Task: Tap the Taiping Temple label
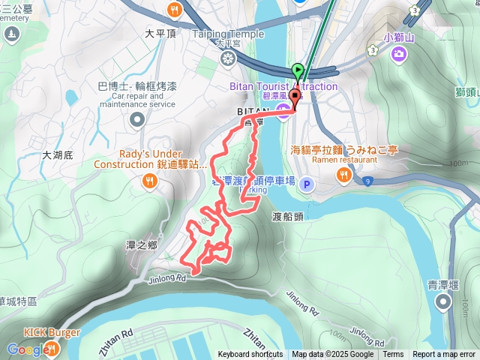pyautogui.click(x=228, y=34)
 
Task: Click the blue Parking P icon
pyautogui.click(x=306, y=184)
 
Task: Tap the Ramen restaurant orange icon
pyautogui.click(x=343, y=174)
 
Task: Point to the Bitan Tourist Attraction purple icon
pyautogui.click(x=283, y=113)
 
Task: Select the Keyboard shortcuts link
pyautogui.click(x=250, y=355)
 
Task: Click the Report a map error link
pyautogui.click(x=444, y=355)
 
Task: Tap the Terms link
pyautogui.click(x=393, y=355)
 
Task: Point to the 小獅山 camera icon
pyautogui.click(x=398, y=53)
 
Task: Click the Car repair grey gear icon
pyautogui.click(x=136, y=119)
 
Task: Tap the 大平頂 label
pyautogui.click(x=160, y=34)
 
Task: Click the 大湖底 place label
pyautogui.click(x=57, y=155)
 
